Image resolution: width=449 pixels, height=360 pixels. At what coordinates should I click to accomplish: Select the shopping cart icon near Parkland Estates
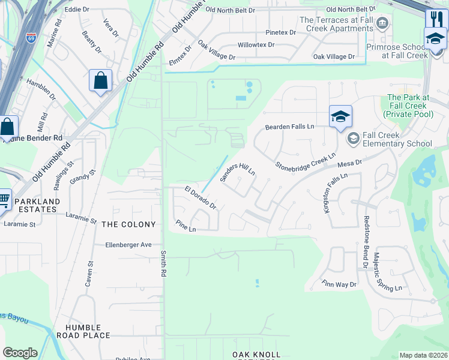click(4, 199)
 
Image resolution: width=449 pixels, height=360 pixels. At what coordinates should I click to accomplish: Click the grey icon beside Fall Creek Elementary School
click(354, 139)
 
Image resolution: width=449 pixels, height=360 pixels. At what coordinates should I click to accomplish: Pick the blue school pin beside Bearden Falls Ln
click(340, 116)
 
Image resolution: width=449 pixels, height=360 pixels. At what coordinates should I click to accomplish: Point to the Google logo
click(20, 353)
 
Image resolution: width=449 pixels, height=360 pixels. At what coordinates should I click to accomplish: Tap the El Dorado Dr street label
click(200, 197)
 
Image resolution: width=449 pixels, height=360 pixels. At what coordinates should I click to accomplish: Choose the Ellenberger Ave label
click(129, 245)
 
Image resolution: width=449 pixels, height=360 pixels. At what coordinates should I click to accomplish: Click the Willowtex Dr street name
click(256, 45)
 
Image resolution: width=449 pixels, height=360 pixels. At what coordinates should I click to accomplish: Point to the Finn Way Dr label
click(339, 284)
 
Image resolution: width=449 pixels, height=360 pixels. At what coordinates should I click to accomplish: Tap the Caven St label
click(92, 268)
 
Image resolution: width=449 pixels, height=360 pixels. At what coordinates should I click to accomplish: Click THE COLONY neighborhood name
click(128, 224)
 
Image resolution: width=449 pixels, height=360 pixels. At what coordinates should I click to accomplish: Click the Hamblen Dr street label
click(41, 93)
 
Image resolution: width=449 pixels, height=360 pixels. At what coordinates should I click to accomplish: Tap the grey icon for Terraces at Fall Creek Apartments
click(382, 23)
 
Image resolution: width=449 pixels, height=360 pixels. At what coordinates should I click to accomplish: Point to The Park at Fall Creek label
click(408, 106)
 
